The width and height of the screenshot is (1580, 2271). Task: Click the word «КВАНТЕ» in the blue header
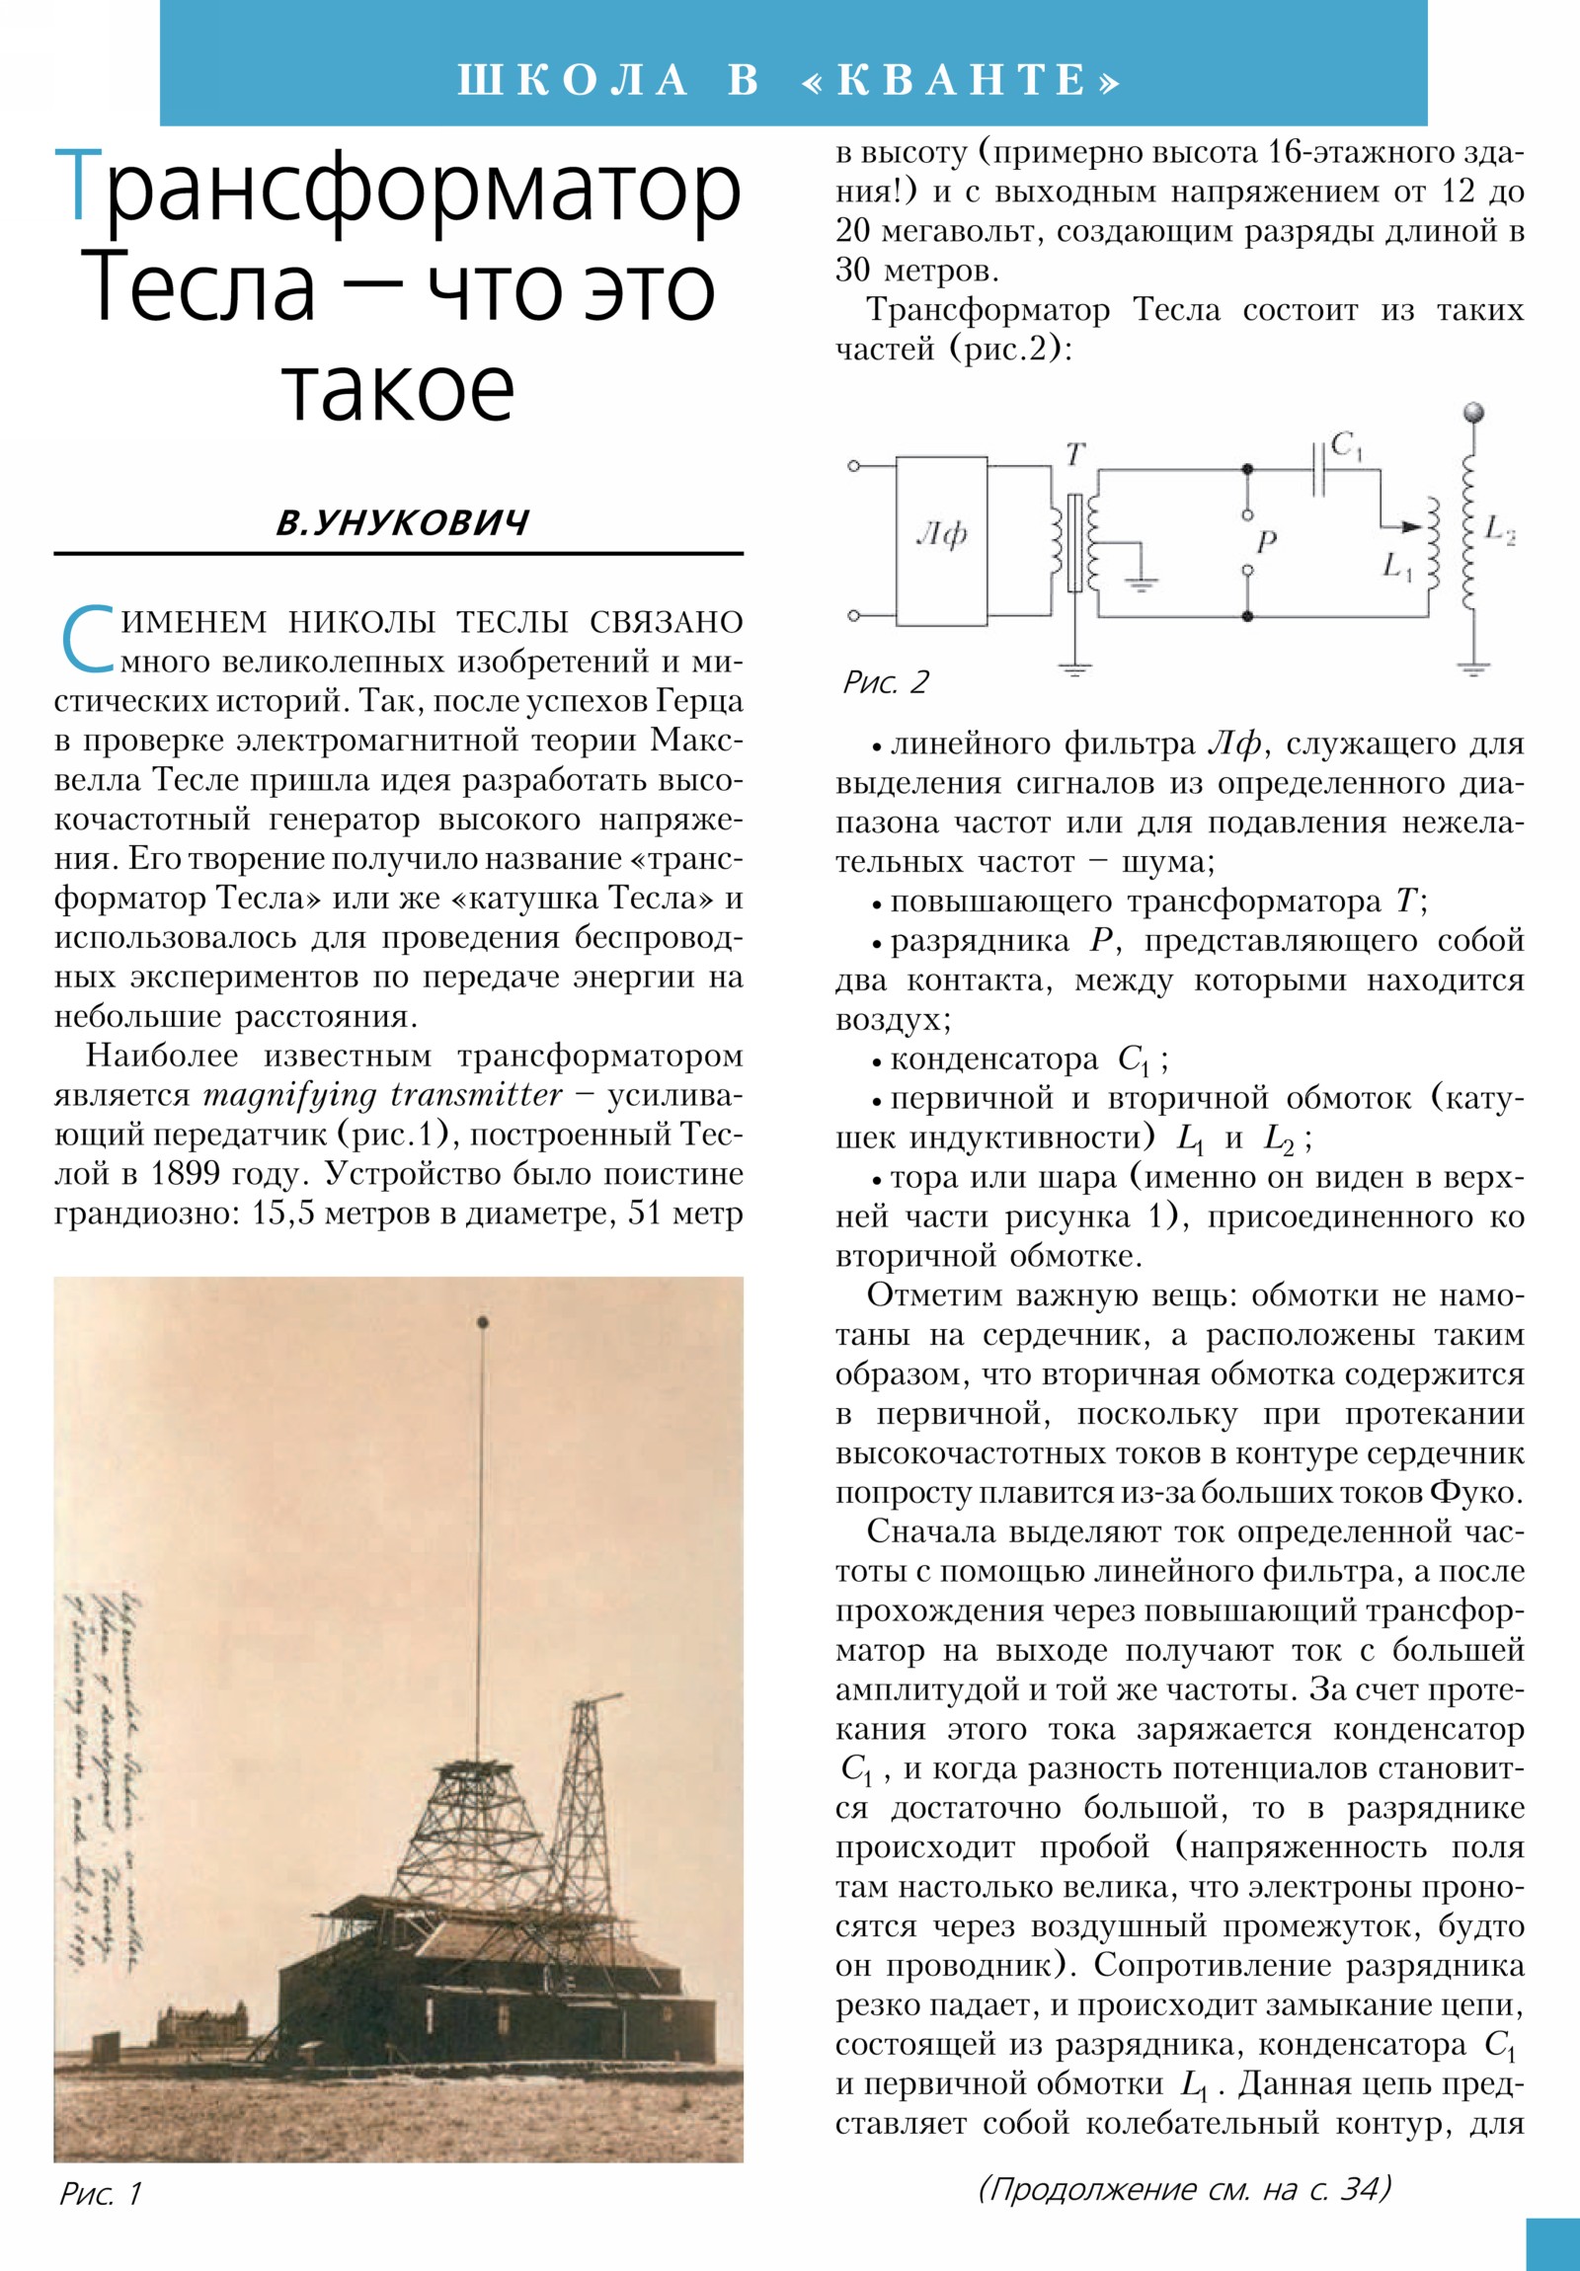pos(964,80)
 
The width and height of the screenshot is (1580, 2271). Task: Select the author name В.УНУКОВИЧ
pos(402,521)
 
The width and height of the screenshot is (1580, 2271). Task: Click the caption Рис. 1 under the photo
pos(100,2193)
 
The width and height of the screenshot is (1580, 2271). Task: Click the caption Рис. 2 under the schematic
pos(886,681)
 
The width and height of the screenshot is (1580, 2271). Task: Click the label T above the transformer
pos(1075,454)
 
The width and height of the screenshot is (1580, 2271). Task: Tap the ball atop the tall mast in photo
pos(483,1321)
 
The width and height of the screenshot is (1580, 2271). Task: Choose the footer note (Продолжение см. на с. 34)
pos(1184,2189)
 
